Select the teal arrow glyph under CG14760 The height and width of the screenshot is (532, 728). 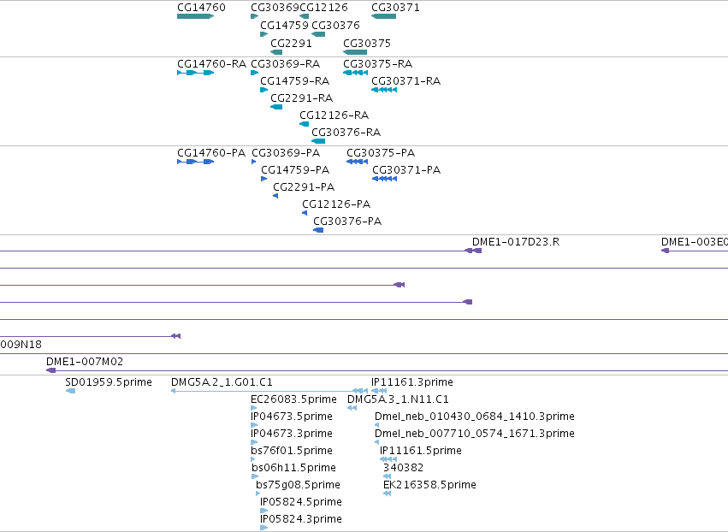[195, 16]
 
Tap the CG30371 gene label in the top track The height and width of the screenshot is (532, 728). [395, 8]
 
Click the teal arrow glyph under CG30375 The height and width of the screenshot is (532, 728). [355, 52]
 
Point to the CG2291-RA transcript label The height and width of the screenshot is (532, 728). [302, 98]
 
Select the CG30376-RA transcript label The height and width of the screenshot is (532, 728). [346, 133]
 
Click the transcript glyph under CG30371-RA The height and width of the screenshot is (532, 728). [384, 90]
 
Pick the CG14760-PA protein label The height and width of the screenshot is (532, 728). [211, 153]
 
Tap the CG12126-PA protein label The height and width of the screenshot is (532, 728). [336, 204]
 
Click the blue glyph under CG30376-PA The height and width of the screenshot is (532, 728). [318, 230]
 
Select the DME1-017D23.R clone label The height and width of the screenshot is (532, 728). [516, 242]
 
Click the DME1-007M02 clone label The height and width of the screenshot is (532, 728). [85, 361]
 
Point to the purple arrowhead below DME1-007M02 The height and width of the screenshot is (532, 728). [51, 370]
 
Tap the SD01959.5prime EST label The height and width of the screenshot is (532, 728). [109, 382]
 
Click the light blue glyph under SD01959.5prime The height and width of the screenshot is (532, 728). [70, 391]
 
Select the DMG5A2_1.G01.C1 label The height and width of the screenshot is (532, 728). [222, 382]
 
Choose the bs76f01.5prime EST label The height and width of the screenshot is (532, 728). [292, 450]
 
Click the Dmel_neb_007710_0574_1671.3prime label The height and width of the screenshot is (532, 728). [475, 433]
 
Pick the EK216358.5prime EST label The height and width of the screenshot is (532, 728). [430, 485]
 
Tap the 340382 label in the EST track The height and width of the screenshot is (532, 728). [404, 468]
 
